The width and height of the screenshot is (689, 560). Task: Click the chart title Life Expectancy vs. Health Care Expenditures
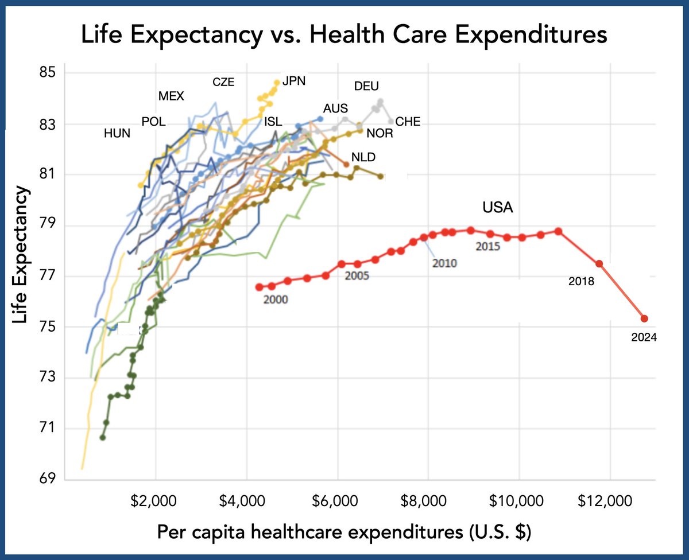(x=344, y=35)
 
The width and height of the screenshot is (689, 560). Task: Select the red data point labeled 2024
(x=644, y=318)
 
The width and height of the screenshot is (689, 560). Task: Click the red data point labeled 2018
(x=599, y=263)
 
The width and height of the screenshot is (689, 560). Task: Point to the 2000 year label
(x=276, y=300)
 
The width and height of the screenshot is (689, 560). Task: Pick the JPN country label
(x=294, y=81)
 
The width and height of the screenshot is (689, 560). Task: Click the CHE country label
(x=408, y=122)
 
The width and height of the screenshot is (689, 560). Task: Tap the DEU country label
(x=367, y=87)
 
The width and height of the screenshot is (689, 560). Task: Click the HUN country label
(x=117, y=134)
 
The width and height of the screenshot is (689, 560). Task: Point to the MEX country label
(x=171, y=96)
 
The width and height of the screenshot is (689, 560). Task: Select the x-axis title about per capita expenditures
(x=344, y=532)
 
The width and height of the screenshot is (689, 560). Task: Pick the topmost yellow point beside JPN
(x=277, y=83)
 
